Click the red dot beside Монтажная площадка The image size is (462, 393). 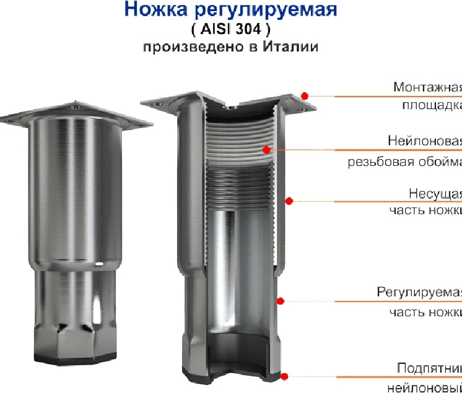[305, 95]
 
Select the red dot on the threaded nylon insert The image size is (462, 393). [266, 149]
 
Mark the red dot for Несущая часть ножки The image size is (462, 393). [289, 200]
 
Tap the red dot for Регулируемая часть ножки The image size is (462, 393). [280, 301]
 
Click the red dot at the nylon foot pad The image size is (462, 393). [284, 376]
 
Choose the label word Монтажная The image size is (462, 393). [427, 87]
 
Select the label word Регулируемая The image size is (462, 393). [419, 292]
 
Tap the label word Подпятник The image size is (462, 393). [429, 368]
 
